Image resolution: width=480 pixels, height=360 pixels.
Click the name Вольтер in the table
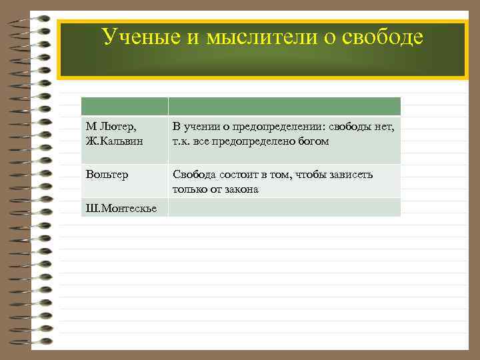tap(107, 175)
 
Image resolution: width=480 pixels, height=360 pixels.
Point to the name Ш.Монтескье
tap(121, 209)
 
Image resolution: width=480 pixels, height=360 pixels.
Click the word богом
tap(312, 141)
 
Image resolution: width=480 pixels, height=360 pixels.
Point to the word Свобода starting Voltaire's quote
tap(194, 175)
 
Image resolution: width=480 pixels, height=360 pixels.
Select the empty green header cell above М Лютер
tap(124, 107)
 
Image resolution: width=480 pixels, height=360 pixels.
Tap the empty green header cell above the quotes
tap(284, 107)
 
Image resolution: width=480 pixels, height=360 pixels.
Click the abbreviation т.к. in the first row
tap(182, 141)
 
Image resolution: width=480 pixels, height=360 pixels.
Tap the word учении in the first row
tap(202, 127)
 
